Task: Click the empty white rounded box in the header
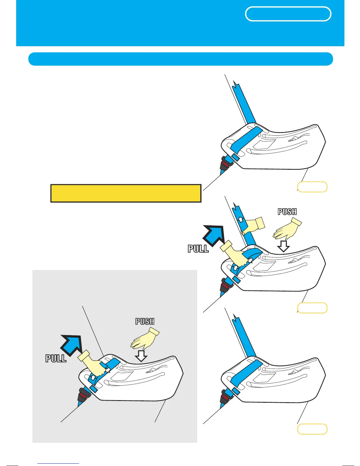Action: click(x=288, y=14)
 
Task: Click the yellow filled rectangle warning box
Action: click(x=126, y=193)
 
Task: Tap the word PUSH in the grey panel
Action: click(x=145, y=321)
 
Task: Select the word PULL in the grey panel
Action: click(x=56, y=358)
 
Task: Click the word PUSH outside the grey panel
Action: click(x=287, y=212)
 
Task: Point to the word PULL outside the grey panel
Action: click(x=198, y=249)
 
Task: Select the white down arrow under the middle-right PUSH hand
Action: click(x=283, y=246)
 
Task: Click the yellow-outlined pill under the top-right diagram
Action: click(x=312, y=187)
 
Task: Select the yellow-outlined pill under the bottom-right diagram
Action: click(x=312, y=429)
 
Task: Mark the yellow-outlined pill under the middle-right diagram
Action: click(x=312, y=308)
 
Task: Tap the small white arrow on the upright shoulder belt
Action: click(x=240, y=219)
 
